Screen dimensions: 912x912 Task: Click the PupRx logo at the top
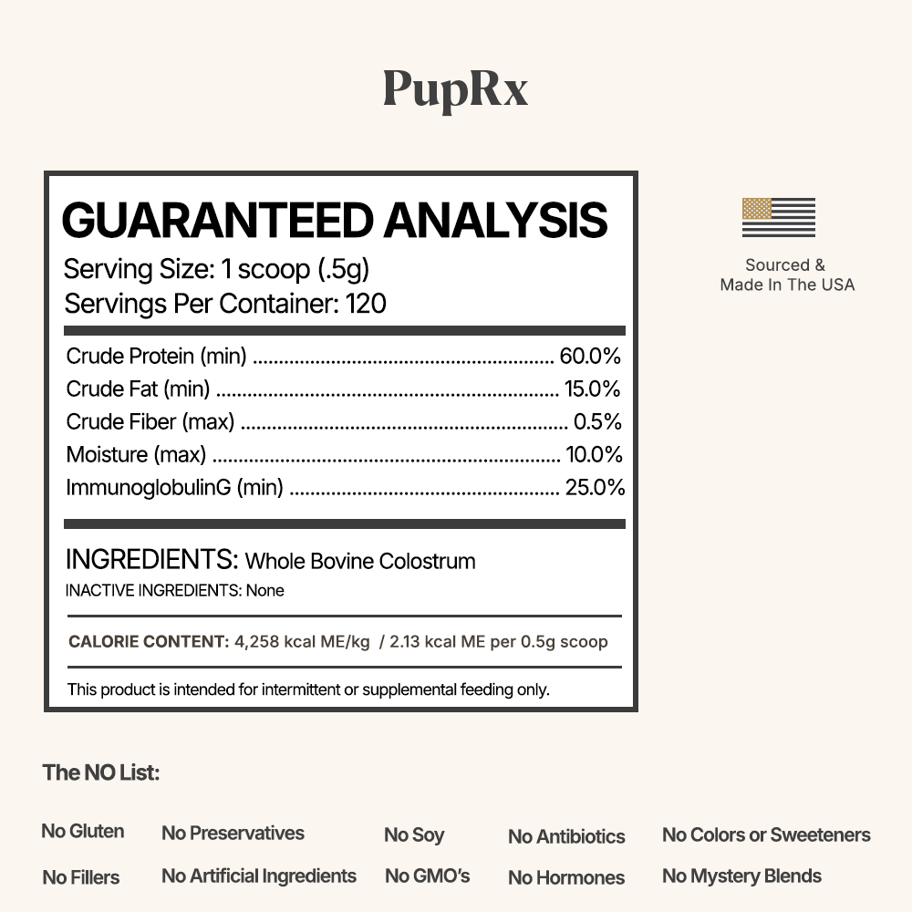pyautogui.click(x=455, y=89)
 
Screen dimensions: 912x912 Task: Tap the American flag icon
pyautogui.click(x=778, y=217)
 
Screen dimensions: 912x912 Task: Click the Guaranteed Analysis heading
pyautogui.click(x=334, y=221)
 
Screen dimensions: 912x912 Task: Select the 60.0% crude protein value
pyautogui.click(x=590, y=356)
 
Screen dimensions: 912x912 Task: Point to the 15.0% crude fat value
pyautogui.click(x=592, y=389)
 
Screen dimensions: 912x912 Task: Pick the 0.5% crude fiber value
pyautogui.click(x=597, y=421)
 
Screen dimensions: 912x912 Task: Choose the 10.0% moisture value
pyautogui.click(x=593, y=454)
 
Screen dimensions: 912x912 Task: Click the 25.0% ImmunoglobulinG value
pyautogui.click(x=595, y=487)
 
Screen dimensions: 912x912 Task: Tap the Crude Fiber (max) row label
pyautogui.click(x=150, y=421)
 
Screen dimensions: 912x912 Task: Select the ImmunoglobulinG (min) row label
pyautogui.click(x=174, y=487)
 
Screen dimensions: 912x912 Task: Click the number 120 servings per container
pyautogui.click(x=366, y=304)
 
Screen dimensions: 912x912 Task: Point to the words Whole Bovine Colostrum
pyautogui.click(x=360, y=561)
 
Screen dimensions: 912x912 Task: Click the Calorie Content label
pyautogui.click(x=149, y=641)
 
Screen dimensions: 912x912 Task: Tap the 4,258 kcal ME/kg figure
pyautogui.click(x=302, y=641)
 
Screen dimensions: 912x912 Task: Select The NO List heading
pyautogui.click(x=100, y=772)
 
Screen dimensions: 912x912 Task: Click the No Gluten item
pyautogui.click(x=83, y=831)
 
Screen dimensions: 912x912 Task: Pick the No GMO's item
pyautogui.click(x=427, y=876)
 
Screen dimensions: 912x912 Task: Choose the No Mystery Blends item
pyautogui.click(x=741, y=876)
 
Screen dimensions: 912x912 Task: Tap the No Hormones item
pyautogui.click(x=566, y=877)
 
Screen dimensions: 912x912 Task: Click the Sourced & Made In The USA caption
pyautogui.click(x=787, y=275)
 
